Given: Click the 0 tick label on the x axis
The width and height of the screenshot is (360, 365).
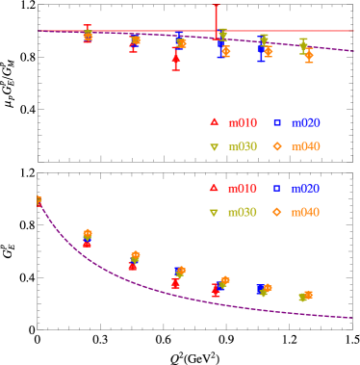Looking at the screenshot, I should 39,170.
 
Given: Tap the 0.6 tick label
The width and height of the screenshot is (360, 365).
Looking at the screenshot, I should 164,170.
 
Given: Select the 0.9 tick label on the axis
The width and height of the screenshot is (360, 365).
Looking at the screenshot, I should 227,170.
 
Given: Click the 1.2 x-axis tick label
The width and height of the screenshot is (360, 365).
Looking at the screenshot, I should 290,170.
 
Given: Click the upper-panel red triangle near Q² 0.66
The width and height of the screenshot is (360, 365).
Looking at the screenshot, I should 175,59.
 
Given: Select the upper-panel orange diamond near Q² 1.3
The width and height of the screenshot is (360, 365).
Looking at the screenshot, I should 308,55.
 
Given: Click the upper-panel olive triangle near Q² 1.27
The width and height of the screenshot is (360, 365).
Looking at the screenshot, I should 303,45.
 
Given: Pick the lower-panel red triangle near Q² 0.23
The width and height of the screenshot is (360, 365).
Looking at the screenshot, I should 87,244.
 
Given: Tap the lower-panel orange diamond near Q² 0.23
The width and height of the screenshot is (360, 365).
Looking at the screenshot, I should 88,234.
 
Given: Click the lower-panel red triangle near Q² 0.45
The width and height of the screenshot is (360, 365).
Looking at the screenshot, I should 133,266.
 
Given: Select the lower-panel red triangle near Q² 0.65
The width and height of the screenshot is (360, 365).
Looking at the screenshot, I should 175,283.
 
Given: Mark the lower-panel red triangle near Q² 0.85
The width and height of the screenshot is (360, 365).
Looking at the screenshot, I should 216,288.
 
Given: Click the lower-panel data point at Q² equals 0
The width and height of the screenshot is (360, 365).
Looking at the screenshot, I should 39,201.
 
